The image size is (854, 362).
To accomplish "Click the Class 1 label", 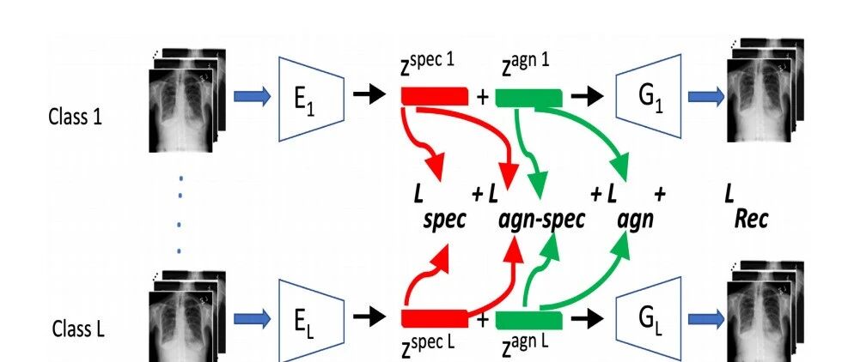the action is point(75,117).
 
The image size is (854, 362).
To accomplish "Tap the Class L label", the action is point(78,329).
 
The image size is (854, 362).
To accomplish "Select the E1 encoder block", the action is point(312,99).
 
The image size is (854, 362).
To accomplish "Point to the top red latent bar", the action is point(435,96).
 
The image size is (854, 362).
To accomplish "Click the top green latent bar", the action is point(529,97).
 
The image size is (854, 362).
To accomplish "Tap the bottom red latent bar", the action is point(435,318).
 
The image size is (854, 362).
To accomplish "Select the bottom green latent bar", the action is point(529,320).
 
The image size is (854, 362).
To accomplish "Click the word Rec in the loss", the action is point(751,219).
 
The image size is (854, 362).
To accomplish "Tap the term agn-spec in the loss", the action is point(541,220).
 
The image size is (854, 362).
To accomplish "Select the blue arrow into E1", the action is point(253,97).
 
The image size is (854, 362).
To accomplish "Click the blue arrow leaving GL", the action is point(706,318).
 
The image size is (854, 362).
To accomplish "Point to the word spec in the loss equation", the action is point(445,220).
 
